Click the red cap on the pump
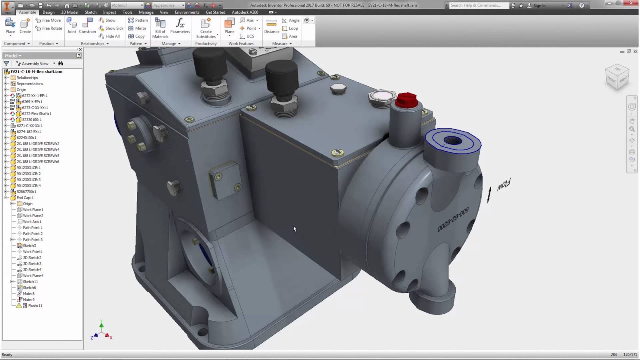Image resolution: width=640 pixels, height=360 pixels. (x=406, y=100)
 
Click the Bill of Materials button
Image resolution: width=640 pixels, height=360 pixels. (x=160, y=28)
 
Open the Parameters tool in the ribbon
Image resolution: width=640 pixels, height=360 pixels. (x=180, y=26)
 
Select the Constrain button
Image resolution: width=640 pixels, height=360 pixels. (x=87, y=26)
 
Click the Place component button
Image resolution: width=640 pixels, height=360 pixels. (x=10, y=26)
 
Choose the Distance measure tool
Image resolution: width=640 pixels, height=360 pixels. (x=272, y=26)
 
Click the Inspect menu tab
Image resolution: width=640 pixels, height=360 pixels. (x=109, y=12)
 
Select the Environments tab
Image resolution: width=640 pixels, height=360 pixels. (x=187, y=12)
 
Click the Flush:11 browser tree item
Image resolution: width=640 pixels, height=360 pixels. (x=35, y=306)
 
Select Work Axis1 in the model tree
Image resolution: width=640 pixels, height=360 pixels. (x=32, y=222)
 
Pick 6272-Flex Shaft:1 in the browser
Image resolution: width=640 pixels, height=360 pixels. (x=36, y=114)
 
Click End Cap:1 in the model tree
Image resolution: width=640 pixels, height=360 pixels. (x=25, y=198)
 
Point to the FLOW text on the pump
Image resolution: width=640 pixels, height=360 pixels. (x=504, y=185)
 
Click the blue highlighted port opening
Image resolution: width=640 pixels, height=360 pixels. (x=453, y=141)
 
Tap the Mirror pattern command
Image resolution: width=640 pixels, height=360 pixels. (x=137, y=28)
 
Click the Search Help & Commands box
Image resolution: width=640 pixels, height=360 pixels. (x=478, y=5)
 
